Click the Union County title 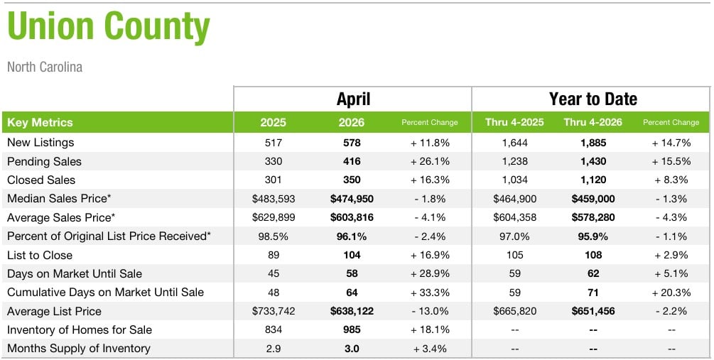pos(109,26)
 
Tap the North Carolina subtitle pos(45,67)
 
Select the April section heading pos(353,99)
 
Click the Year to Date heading pos(593,99)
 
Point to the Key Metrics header pos(40,122)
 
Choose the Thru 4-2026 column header pos(593,122)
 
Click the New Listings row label pos(40,143)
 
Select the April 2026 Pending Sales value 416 pos(352,162)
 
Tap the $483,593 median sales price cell pos(274,199)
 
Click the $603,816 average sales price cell pos(352,217)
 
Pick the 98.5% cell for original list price pos(274,236)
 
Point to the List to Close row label pos(40,255)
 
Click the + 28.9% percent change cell pos(430,273)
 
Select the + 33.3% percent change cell pos(430,293)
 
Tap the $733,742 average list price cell pos(274,311)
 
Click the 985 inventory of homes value pos(352,330)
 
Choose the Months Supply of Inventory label pos(79,349)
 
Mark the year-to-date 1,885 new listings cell pos(593,143)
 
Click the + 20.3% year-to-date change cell pos(671,293)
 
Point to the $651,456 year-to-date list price pos(593,311)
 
